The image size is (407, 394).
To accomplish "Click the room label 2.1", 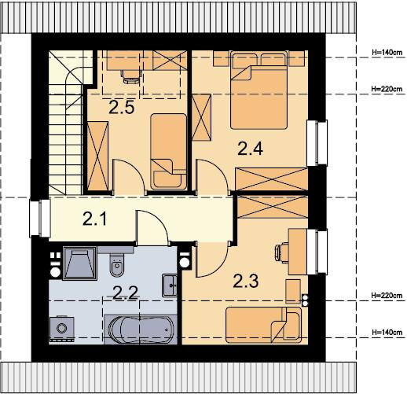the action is click(94, 219).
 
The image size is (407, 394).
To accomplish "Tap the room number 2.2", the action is click(125, 293).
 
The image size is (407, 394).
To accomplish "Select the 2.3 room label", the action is click(246, 281).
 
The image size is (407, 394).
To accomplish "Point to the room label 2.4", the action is click(250, 149).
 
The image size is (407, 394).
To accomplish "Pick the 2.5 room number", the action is click(122, 107).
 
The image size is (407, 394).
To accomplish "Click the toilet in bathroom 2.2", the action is click(117, 265).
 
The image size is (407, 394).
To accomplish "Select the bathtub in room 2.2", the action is click(141, 330).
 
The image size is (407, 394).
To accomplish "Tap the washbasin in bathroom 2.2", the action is click(170, 285).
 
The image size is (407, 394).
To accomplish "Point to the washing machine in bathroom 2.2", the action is click(62, 330).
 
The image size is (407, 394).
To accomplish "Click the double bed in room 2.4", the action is click(258, 90).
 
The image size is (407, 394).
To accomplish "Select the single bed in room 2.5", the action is click(169, 152).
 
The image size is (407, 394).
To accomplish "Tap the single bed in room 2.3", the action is click(264, 325).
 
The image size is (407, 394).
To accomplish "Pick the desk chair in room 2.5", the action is click(130, 76).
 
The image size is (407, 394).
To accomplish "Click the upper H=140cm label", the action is click(387, 53).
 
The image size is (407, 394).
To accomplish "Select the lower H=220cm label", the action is click(387, 296).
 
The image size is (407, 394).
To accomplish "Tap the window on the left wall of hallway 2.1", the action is click(39, 219).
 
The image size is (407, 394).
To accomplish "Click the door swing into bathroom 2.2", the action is click(152, 226).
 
